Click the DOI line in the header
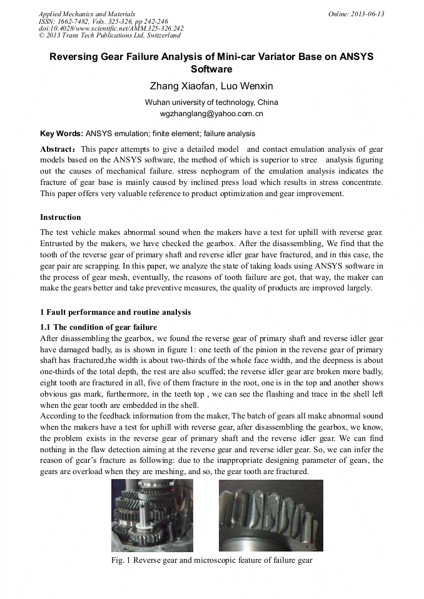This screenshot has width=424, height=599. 111,28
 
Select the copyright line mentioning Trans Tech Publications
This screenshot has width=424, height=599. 109,35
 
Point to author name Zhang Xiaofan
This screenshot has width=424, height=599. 177,86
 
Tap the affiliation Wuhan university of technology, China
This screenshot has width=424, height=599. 211,102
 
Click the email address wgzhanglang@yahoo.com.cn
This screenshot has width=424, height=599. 211,114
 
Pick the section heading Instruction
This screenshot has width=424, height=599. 60,217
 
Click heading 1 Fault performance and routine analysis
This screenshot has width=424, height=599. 115,312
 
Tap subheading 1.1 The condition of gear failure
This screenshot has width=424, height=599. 98,327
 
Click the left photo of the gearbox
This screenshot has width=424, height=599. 152,515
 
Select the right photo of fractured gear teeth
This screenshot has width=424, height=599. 270,515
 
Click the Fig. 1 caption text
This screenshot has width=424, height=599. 211,560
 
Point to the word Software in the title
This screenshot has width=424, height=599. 211,69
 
